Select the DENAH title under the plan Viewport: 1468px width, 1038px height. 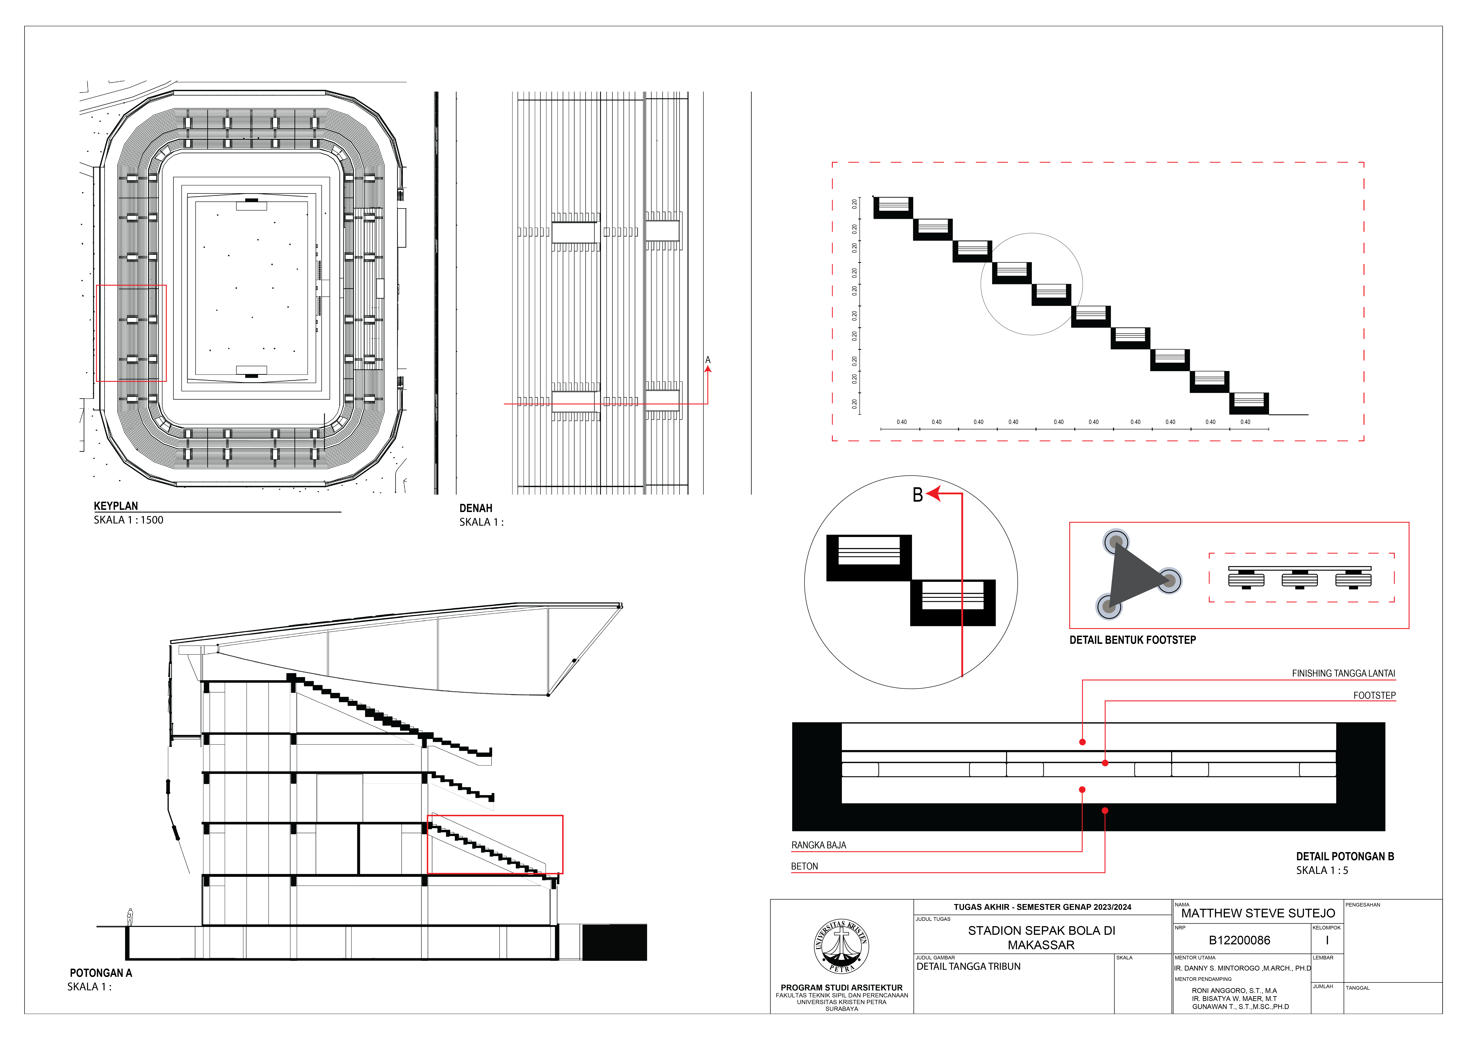tap(476, 508)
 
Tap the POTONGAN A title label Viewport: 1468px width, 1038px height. tap(100, 973)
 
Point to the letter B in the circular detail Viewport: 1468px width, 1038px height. tap(917, 495)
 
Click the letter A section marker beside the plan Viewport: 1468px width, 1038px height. tap(708, 360)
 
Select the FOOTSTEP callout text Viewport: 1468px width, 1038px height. tap(1374, 695)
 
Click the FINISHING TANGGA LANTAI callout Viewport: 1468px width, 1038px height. tap(1343, 673)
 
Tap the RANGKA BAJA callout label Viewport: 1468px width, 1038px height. tap(818, 845)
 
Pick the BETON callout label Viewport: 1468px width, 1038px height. tap(804, 866)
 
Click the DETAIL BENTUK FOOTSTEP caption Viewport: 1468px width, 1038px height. tap(1132, 640)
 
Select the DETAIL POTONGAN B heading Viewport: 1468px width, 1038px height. tap(1345, 857)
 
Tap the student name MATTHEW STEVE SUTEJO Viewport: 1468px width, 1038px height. tap(1258, 913)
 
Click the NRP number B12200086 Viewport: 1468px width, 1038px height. tap(1239, 940)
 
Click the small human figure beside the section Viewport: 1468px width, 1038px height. tap(130, 917)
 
